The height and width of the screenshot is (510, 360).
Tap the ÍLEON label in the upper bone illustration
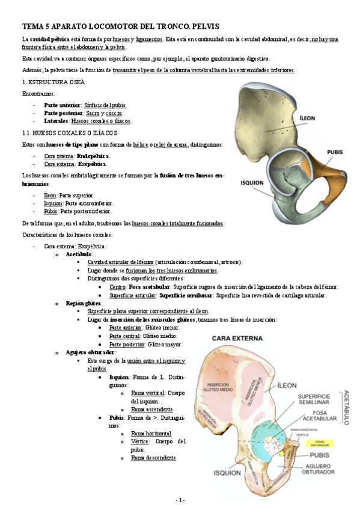click(308, 118)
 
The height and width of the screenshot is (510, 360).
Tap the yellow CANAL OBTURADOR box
click(317, 443)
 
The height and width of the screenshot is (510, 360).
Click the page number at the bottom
click(180, 500)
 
